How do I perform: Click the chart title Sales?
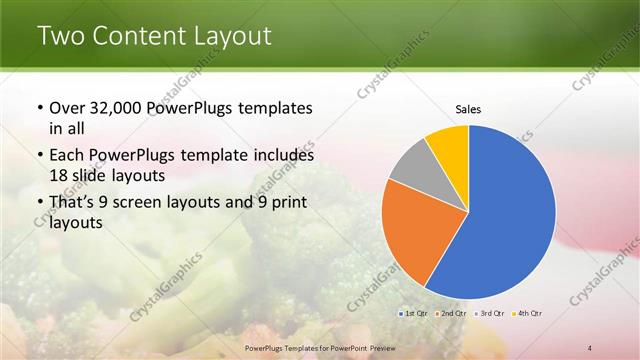(467, 109)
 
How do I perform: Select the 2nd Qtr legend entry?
(452, 313)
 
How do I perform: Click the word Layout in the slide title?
(233, 36)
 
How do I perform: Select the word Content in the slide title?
(140, 36)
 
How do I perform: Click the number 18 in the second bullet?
(59, 175)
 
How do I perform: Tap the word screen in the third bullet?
(149, 203)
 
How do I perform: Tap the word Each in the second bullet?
(68, 156)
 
